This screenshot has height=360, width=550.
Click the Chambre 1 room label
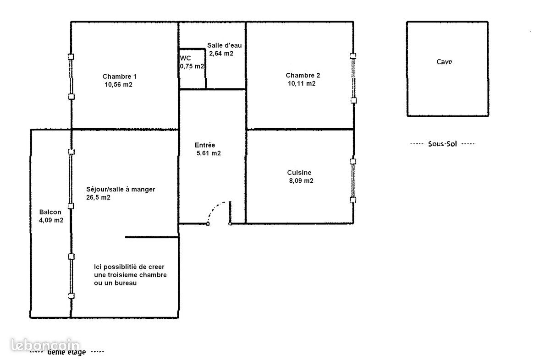point(119,76)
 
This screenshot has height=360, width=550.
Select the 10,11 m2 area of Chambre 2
point(301,83)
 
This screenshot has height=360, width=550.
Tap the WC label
point(186,58)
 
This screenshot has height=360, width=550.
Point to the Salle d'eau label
point(224,45)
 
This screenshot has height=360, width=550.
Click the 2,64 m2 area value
point(221,53)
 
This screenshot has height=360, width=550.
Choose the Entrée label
point(205,145)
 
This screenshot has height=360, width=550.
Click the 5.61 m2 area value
point(209,153)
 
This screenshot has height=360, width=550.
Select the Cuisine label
point(299,173)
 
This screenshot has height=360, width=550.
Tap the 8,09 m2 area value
point(301,180)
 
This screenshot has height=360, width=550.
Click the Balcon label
point(50,212)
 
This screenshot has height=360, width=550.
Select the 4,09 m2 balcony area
point(51,220)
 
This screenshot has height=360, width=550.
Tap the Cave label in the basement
point(444,62)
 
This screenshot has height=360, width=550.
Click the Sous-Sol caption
point(442,144)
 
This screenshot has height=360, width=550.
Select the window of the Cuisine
point(352,180)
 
